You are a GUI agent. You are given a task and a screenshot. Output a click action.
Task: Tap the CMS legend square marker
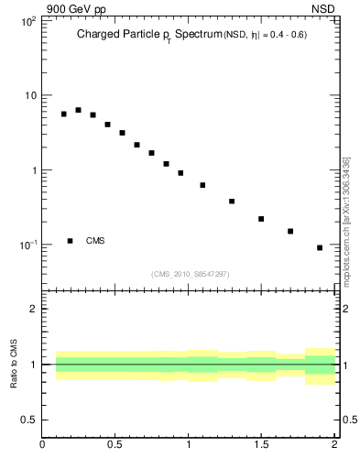pyautogui.click(x=71, y=241)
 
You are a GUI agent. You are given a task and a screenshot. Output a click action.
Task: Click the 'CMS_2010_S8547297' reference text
pyautogui.click(x=190, y=274)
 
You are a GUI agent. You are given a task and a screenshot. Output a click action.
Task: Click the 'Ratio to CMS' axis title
pyautogui.click(x=14, y=365)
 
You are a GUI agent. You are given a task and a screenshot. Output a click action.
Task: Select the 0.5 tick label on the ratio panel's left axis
pyautogui.click(x=27, y=420)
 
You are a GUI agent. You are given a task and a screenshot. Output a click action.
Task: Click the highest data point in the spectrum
pyautogui.click(x=78, y=110)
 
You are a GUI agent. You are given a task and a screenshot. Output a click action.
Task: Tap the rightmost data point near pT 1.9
pyautogui.click(x=320, y=247)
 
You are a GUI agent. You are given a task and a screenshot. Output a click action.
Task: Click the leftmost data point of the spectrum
pyautogui.click(x=64, y=115)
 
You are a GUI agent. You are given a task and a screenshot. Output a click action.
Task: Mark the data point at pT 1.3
pyautogui.click(x=232, y=202)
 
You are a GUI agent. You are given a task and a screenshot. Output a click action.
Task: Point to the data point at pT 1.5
pyautogui.click(x=261, y=219)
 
